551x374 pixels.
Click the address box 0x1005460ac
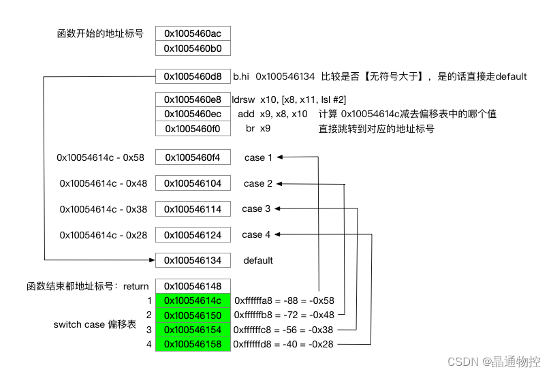click(193, 33)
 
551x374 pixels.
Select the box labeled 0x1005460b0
click(193, 48)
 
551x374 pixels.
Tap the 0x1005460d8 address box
click(193, 77)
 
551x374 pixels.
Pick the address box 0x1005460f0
click(193, 128)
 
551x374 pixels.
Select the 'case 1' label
click(258, 158)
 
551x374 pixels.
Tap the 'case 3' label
click(256, 208)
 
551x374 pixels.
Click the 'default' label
click(258, 260)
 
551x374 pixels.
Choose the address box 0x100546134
click(193, 260)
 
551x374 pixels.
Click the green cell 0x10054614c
click(193, 300)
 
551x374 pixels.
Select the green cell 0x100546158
click(193, 345)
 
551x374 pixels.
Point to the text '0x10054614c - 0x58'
click(101, 158)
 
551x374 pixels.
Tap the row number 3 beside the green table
click(148, 330)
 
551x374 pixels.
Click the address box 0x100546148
click(193, 286)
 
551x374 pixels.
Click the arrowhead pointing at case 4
click(279, 234)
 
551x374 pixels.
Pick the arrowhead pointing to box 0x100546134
click(152, 260)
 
